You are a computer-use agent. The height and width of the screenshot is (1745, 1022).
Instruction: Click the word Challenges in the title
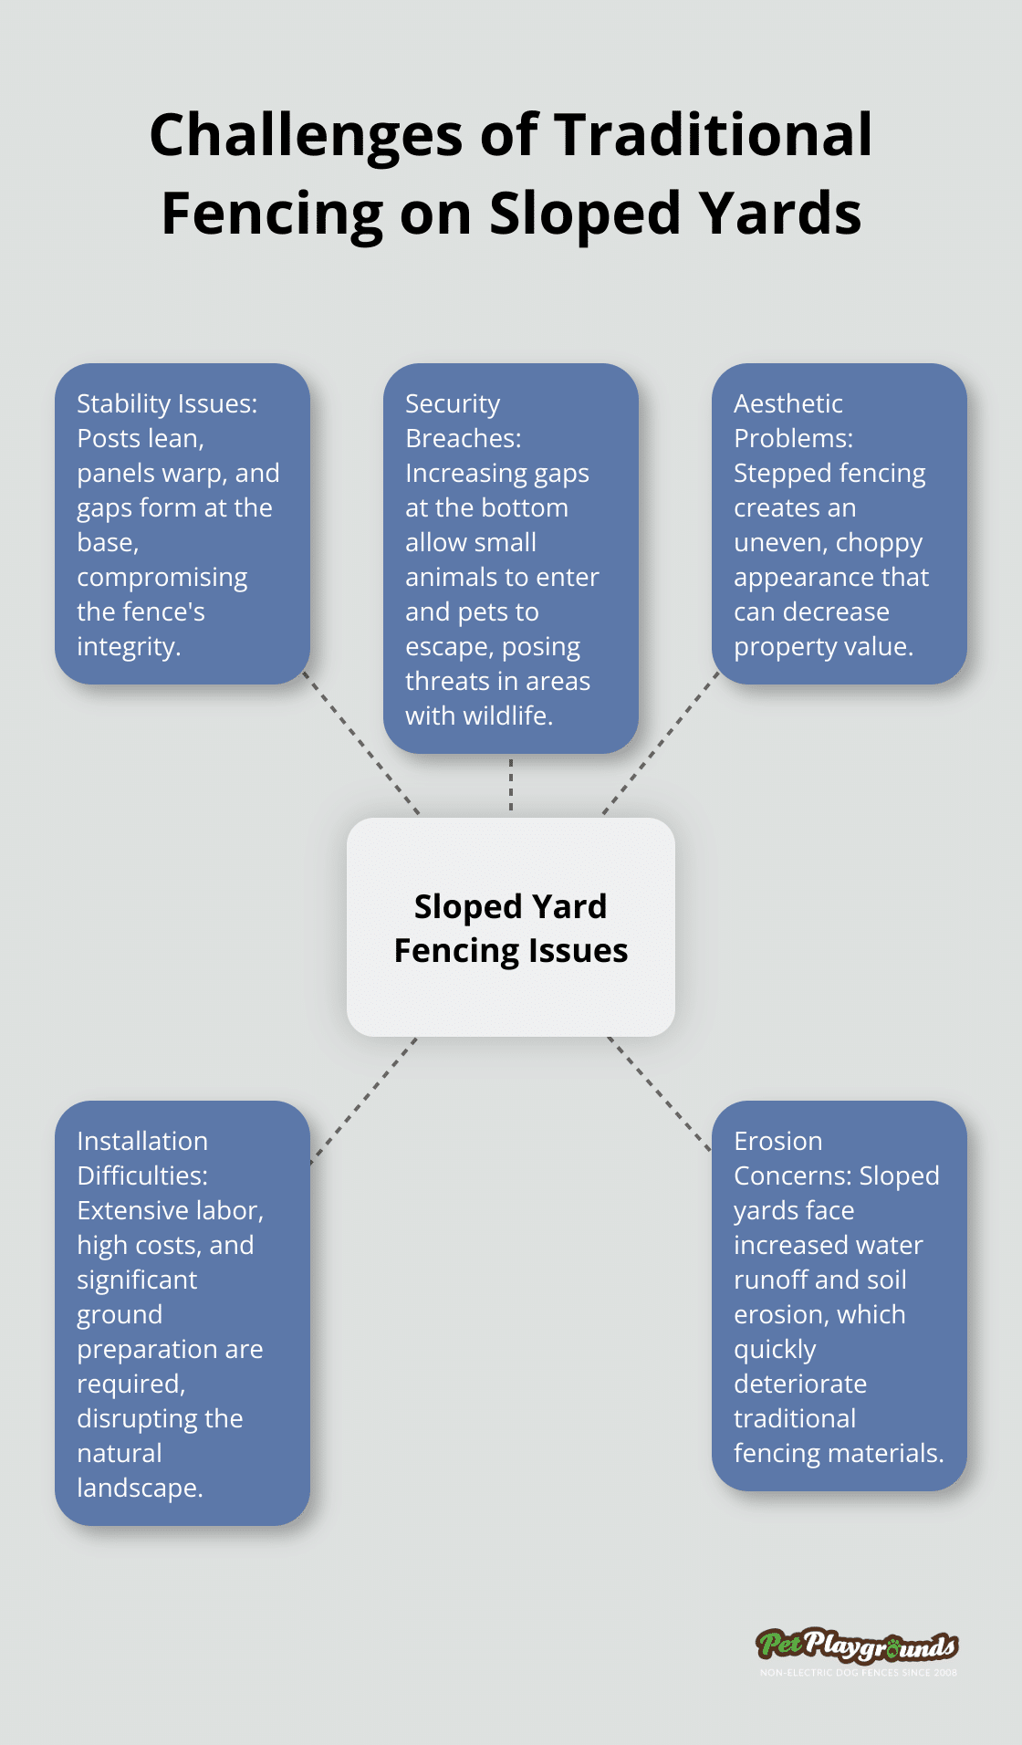tap(307, 135)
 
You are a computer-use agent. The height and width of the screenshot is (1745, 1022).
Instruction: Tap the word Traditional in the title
tap(714, 135)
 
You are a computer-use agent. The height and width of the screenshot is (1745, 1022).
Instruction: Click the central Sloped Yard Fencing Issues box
tap(511, 927)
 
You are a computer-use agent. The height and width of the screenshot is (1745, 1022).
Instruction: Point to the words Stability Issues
tap(167, 403)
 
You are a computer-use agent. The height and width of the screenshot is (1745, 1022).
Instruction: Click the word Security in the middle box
tap(453, 403)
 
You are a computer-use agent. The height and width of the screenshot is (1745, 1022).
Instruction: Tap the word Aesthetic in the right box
tap(788, 403)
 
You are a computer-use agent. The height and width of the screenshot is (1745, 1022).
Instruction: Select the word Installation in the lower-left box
tap(142, 1141)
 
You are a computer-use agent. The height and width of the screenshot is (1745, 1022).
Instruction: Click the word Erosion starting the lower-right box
tap(778, 1141)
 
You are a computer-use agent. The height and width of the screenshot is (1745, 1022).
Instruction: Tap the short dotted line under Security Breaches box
tap(511, 785)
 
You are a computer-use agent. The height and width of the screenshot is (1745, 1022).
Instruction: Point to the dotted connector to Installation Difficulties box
tap(363, 1101)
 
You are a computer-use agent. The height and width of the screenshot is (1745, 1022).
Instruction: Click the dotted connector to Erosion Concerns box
tap(659, 1092)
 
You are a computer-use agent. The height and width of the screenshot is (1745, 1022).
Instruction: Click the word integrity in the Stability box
tap(128, 646)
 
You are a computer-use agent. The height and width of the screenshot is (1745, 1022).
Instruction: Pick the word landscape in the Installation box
tap(139, 1488)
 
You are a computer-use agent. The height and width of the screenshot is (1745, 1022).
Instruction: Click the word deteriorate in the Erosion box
tap(800, 1384)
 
